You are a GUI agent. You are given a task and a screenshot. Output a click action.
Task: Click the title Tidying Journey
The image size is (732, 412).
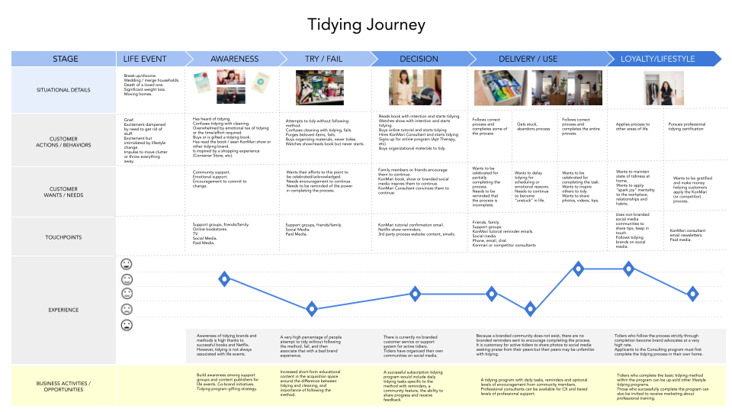pos(366,24)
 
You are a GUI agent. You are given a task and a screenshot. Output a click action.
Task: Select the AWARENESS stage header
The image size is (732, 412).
pos(234,59)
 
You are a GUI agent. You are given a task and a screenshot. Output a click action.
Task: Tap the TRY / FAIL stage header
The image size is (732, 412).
pos(324,59)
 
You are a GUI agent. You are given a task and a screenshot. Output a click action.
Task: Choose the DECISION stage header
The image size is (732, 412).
pos(418,59)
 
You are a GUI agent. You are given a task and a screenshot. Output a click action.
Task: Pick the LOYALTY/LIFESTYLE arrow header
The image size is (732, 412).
pos(657,59)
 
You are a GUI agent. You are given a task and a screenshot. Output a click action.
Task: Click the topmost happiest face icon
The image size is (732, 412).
pos(127,264)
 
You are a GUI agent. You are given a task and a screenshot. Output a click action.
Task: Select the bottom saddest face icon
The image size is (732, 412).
pos(127,325)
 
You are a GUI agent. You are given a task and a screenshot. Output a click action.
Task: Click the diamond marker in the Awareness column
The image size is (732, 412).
pos(224,278)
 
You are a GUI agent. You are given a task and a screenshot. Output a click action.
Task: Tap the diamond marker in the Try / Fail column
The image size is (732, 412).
pos(311,309)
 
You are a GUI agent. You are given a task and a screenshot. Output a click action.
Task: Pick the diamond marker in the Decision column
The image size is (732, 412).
pos(416,293)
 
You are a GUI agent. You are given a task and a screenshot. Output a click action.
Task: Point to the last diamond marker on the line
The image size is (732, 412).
pos(692,293)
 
